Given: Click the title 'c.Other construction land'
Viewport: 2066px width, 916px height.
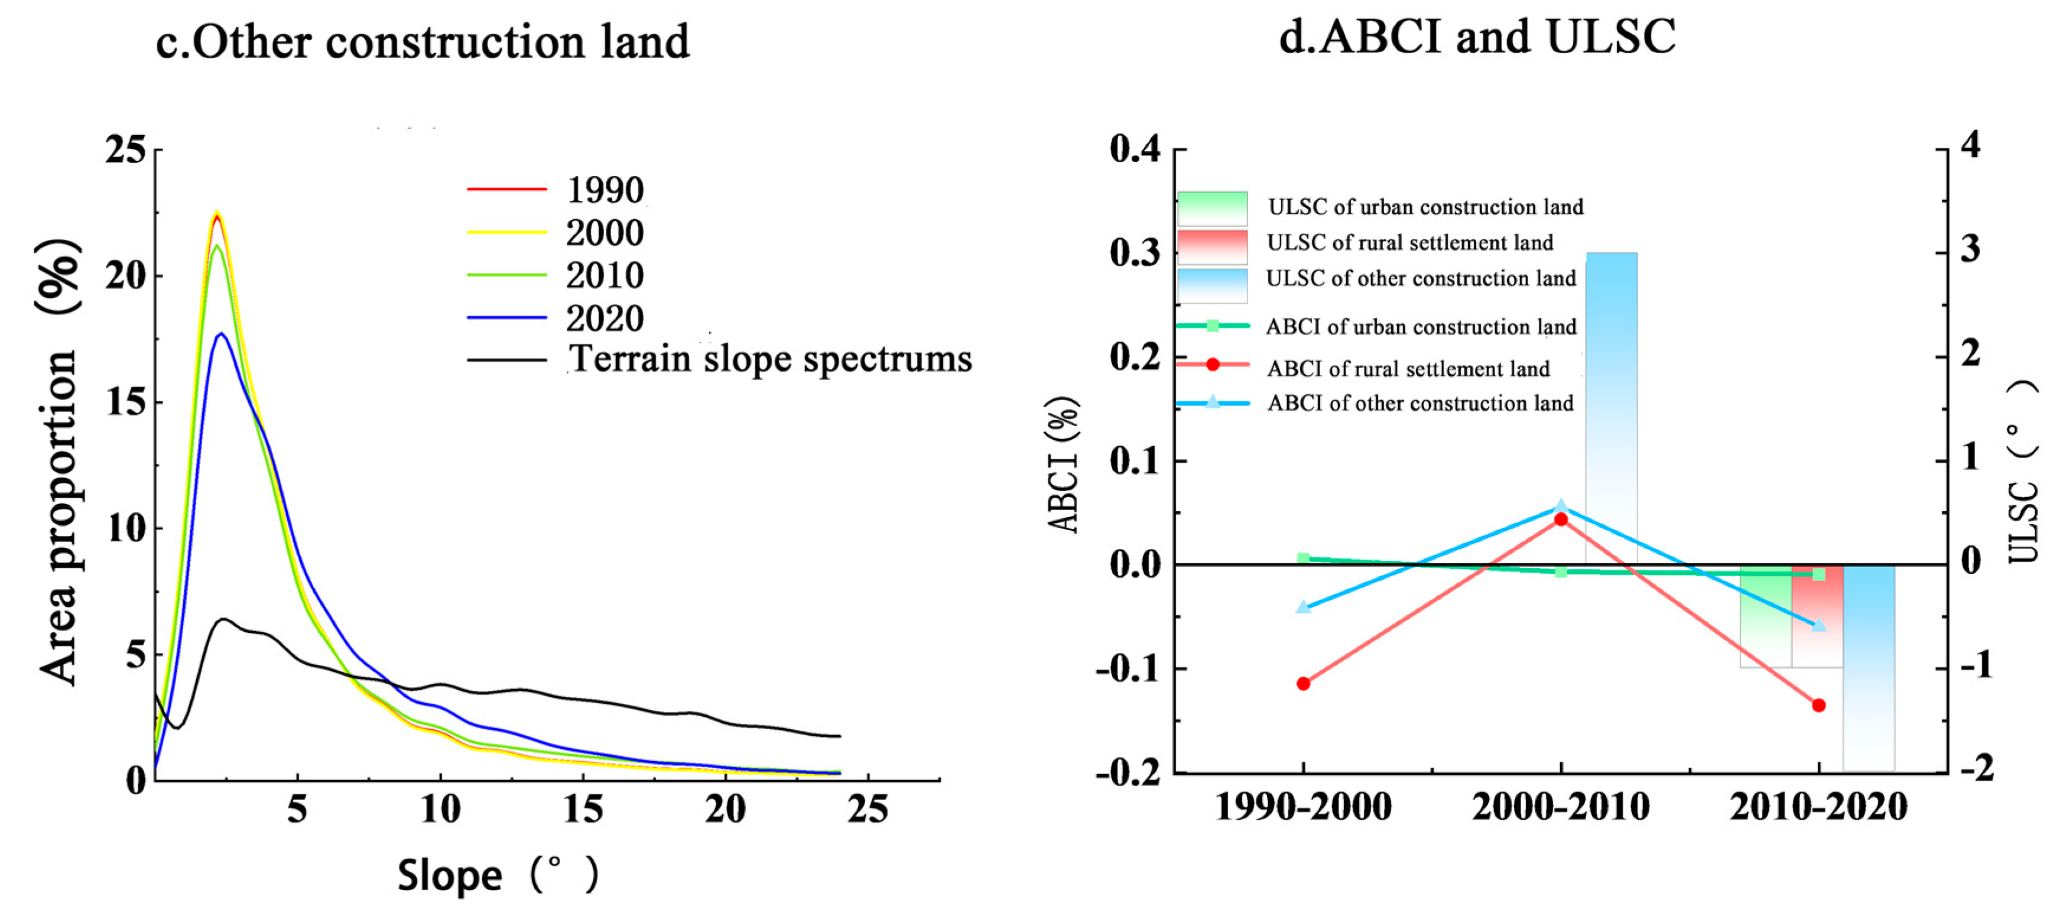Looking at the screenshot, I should [423, 42].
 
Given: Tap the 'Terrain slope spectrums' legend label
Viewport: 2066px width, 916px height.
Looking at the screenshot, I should [770, 359].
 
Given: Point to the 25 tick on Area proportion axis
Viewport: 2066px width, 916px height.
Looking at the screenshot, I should [126, 150].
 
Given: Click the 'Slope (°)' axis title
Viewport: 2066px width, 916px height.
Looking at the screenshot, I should [497, 875].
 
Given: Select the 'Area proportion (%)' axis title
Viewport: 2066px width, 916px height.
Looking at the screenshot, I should [60, 461].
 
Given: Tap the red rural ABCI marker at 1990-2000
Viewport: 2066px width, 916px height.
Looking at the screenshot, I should [1303, 683].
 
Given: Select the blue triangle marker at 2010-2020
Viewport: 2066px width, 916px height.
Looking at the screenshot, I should [1819, 625].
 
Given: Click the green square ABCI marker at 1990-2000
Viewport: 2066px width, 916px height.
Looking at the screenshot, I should [1303, 558].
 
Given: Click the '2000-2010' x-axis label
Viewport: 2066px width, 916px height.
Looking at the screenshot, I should [1561, 807].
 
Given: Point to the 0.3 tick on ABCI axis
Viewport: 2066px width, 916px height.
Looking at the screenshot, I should [1135, 253].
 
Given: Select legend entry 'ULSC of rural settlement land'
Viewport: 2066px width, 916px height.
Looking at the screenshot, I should [1409, 243].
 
